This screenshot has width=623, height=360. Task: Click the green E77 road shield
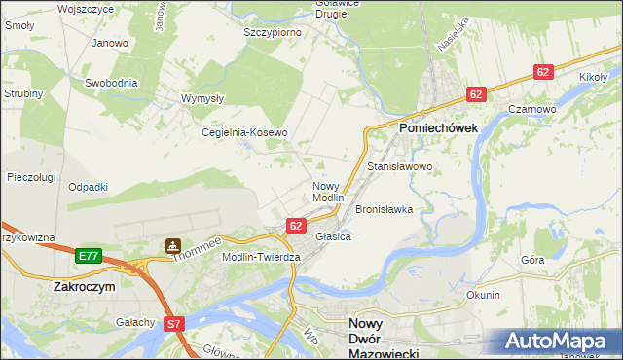pos(89,256)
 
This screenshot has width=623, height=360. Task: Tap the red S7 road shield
pos(173,324)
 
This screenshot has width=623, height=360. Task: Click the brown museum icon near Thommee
pos(172,247)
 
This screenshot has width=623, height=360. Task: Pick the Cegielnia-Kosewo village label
pos(244,133)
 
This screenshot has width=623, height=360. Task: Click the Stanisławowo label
pos(399,167)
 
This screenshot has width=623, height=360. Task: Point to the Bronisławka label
pos(385,209)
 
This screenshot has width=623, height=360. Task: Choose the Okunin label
pos(483,295)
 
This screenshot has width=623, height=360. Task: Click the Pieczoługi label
pos(29,177)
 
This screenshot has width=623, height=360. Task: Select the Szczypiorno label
pos(272,32)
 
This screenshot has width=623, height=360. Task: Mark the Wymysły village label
pos(203,98)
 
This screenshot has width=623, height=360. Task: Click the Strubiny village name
pos(22,93)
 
